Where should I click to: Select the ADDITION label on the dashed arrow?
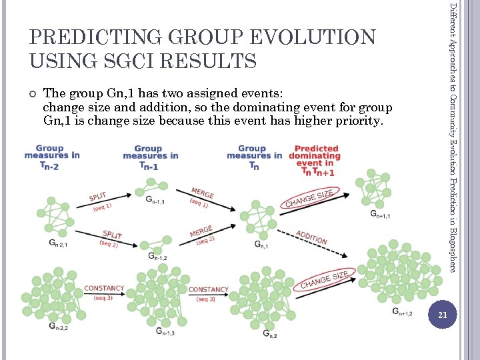tap(311, 237)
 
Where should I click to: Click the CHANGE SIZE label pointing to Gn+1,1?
tap(309, 198)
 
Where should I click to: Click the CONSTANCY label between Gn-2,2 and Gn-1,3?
tap(104, 292)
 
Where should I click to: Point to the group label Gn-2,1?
tap(58, 244)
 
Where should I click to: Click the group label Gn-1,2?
tap(157, 257)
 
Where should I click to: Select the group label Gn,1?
tap(261, 245)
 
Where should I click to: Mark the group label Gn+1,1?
tap(380, 215)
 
